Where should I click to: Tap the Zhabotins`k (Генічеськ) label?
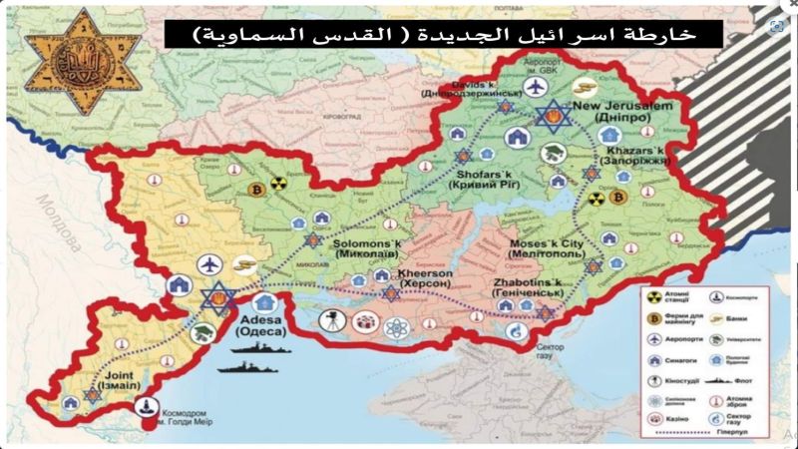pyautogui.click(x=528, y=288)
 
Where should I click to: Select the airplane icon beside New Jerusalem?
pyautogui.click(x=539, y=88)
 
